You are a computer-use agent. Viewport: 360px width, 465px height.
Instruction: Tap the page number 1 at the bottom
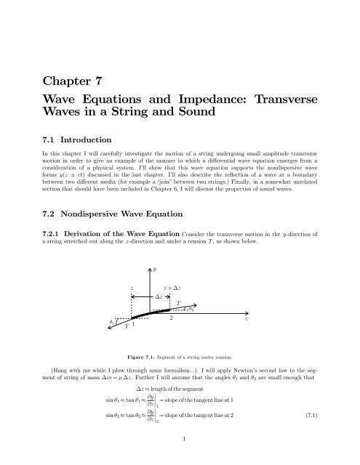(180, 458)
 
